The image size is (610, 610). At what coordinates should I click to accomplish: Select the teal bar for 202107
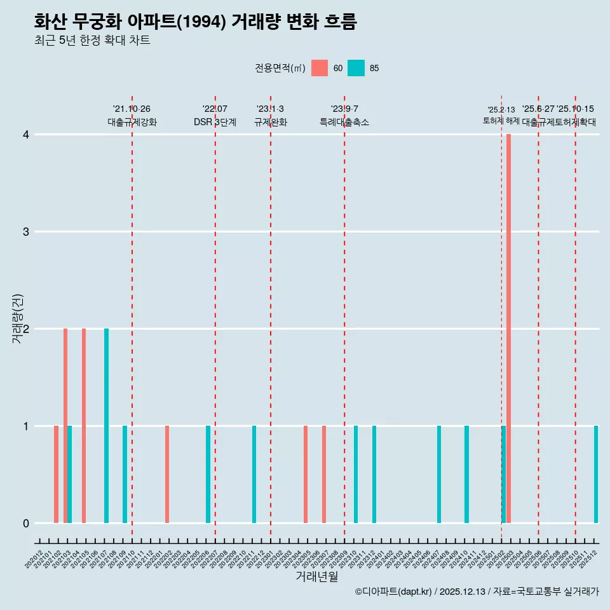tap(107, 426)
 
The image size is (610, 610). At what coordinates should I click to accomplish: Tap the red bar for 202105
tap(84, 426)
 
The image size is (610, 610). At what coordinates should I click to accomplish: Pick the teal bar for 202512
tap(596, 474)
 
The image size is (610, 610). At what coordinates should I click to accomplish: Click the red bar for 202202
tap(167, 474)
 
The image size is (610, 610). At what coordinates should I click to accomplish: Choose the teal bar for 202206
tap(208, 474)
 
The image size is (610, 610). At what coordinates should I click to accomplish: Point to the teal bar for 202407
tap(439, 474)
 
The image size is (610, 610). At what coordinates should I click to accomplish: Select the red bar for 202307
tap(324, 474)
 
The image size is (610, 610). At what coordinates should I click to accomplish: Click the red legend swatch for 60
tap(320, 68)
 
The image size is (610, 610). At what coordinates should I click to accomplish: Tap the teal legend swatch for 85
tap(356, 68)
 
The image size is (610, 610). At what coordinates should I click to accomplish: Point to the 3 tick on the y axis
tap(26, 232)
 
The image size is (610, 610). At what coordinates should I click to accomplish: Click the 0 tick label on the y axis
tap(26, 524)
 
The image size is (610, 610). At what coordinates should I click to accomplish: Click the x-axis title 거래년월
tap(316, 576)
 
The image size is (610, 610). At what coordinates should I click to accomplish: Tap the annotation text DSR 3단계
tap(215, 122)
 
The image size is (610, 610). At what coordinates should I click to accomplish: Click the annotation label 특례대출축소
tap(344, 122)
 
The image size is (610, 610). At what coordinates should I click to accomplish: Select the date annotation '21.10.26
tap(132, 109)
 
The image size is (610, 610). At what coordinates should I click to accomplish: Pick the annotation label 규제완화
tap(271, 122)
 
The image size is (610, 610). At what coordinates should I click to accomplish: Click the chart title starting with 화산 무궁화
tap(195, 22)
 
